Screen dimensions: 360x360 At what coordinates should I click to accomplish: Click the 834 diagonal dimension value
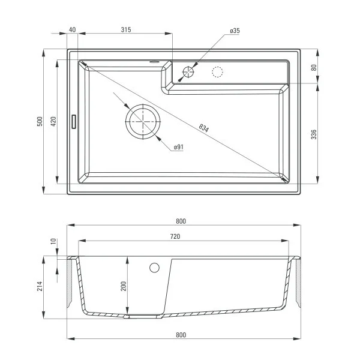204,128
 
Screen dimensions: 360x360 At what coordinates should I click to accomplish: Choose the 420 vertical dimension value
53,121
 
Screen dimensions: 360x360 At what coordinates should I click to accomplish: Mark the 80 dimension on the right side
314,68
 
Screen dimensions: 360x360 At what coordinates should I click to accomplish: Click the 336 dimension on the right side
314,134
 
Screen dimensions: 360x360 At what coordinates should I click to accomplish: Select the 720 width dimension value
175,237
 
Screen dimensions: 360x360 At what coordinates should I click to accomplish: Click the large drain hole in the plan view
143,121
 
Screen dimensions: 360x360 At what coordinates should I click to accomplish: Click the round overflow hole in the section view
154,268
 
